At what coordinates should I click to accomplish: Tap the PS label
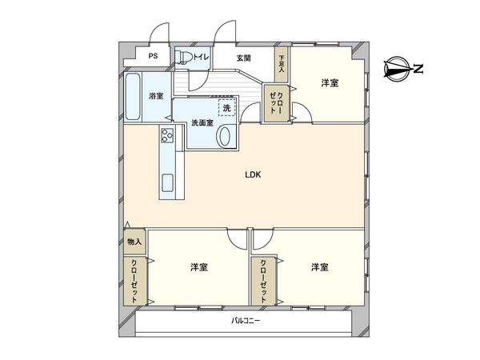pos(152,57)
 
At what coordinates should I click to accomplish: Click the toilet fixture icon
pos(184,57)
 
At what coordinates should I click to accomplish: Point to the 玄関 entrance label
pos(244,58)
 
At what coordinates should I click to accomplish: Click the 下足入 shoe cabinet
pos(281,62)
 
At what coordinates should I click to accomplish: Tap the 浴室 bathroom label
pos(156,97)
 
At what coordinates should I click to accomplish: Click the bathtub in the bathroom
pos(134,97)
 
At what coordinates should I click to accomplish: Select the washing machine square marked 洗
pos(227,106)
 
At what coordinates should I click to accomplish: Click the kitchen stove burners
pos(167,137)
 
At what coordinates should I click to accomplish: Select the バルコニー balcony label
pos(246,320)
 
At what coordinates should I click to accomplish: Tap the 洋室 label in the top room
pos(330,83)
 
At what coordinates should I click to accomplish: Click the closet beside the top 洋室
pos(274,103)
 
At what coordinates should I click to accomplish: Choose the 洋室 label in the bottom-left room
pos(199,266)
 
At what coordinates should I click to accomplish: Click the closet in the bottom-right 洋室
pos(261,281)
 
